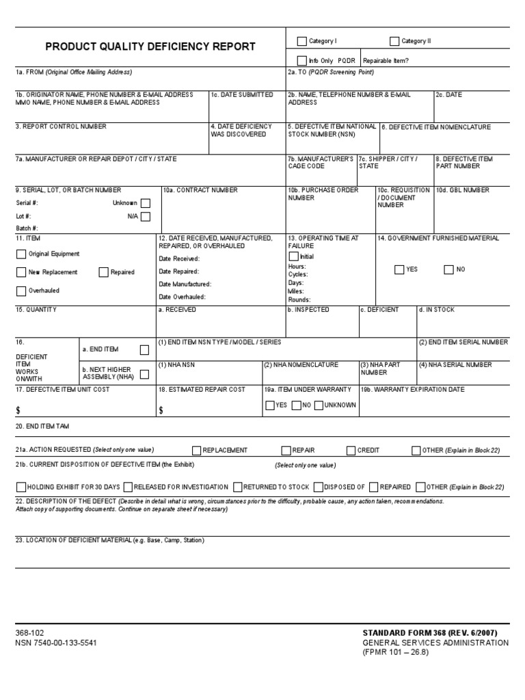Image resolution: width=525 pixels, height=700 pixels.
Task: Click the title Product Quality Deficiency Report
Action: click(150, 47)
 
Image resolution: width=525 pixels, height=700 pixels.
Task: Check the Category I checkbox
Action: click(301, 41)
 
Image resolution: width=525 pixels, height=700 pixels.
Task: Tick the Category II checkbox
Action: click(394, 41)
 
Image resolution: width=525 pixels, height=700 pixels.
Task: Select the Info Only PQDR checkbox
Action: click(301, 60)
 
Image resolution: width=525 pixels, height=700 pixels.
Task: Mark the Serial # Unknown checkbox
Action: click(146, 203)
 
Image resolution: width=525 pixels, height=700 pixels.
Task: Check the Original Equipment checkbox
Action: click(21, 254)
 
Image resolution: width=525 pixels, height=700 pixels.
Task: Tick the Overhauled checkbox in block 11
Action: click(21, 291)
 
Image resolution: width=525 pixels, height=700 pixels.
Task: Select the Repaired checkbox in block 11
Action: click(103, 272)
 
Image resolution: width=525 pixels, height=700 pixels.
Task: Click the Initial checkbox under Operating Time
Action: click(293, 256)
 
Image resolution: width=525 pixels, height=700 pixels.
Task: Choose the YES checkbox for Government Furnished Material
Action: click(399, 269)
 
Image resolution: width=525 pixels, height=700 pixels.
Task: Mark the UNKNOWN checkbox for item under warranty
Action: click(319, 405)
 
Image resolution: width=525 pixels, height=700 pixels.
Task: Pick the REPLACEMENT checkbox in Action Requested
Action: click(197, 450)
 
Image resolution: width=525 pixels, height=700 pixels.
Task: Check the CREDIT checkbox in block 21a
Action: click(351, 450)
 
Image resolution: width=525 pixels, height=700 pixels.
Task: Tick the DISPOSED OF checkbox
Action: click(319, 487)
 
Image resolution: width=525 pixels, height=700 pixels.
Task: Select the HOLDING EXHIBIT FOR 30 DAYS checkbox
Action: click(21, 487)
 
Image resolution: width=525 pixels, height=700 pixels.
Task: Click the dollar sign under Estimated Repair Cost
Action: click(161, 410)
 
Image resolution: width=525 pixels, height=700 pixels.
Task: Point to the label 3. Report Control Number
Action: click(61, 126)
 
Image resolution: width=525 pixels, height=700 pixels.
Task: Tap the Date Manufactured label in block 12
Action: click(185, 284)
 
